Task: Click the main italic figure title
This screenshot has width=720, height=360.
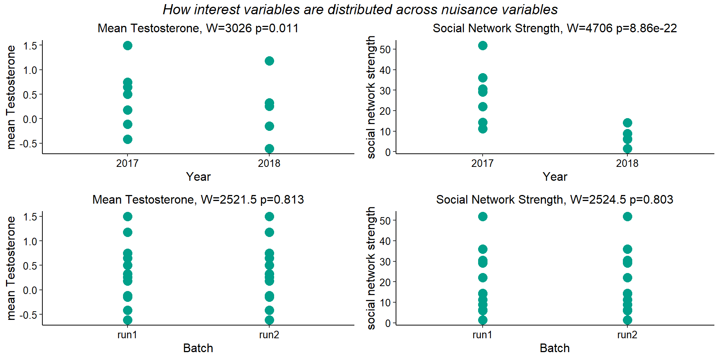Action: (360, 10)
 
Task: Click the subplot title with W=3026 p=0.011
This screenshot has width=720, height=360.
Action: (198, 28)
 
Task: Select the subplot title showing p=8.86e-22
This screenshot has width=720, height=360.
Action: (555, 28)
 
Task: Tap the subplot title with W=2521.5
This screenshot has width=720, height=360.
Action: (198, 199)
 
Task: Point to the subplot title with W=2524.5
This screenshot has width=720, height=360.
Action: (555, 199)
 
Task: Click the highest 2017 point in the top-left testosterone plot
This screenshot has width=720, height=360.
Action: (127, 46)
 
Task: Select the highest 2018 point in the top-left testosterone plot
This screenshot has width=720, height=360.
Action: (269, 61)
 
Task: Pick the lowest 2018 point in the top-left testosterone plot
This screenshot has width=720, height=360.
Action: (269, 148)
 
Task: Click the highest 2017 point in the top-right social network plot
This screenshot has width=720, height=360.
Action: (483, 46)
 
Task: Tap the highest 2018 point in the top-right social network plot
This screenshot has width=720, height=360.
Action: (627, 123)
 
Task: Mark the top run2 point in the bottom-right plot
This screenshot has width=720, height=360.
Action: (627, 217)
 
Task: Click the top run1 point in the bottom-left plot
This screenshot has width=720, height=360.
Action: (127, 217)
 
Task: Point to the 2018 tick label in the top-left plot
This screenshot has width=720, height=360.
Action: (269, 163)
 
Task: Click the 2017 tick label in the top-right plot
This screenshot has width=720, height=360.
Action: (483, 163)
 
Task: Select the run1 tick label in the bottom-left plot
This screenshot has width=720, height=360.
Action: (127, 334)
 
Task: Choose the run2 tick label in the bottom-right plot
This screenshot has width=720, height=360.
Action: (627, 334)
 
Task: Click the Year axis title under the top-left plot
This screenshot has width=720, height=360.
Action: (198, 177)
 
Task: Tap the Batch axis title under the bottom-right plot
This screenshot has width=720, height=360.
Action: (555, 348)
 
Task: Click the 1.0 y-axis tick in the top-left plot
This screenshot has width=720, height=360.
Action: (30, 70)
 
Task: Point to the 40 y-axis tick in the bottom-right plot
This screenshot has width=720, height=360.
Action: (385, 241)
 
